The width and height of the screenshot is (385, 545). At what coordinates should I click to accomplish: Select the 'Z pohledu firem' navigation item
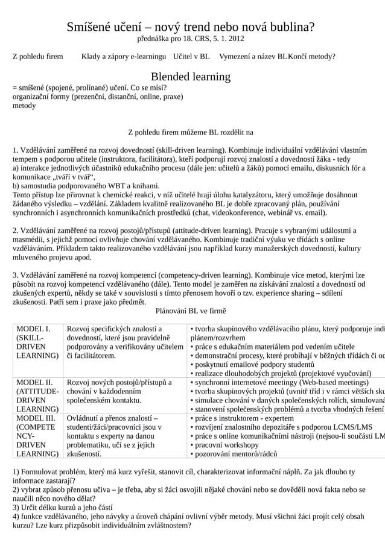38,57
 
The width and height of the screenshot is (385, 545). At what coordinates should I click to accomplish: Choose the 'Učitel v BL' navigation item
191,57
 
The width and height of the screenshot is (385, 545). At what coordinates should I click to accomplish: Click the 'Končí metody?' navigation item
312,57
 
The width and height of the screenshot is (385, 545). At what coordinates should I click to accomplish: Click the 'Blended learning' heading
191,77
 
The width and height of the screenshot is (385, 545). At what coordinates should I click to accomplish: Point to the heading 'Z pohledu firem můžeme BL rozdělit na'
191,132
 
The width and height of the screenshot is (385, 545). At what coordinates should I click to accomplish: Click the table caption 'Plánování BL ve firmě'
191,311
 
